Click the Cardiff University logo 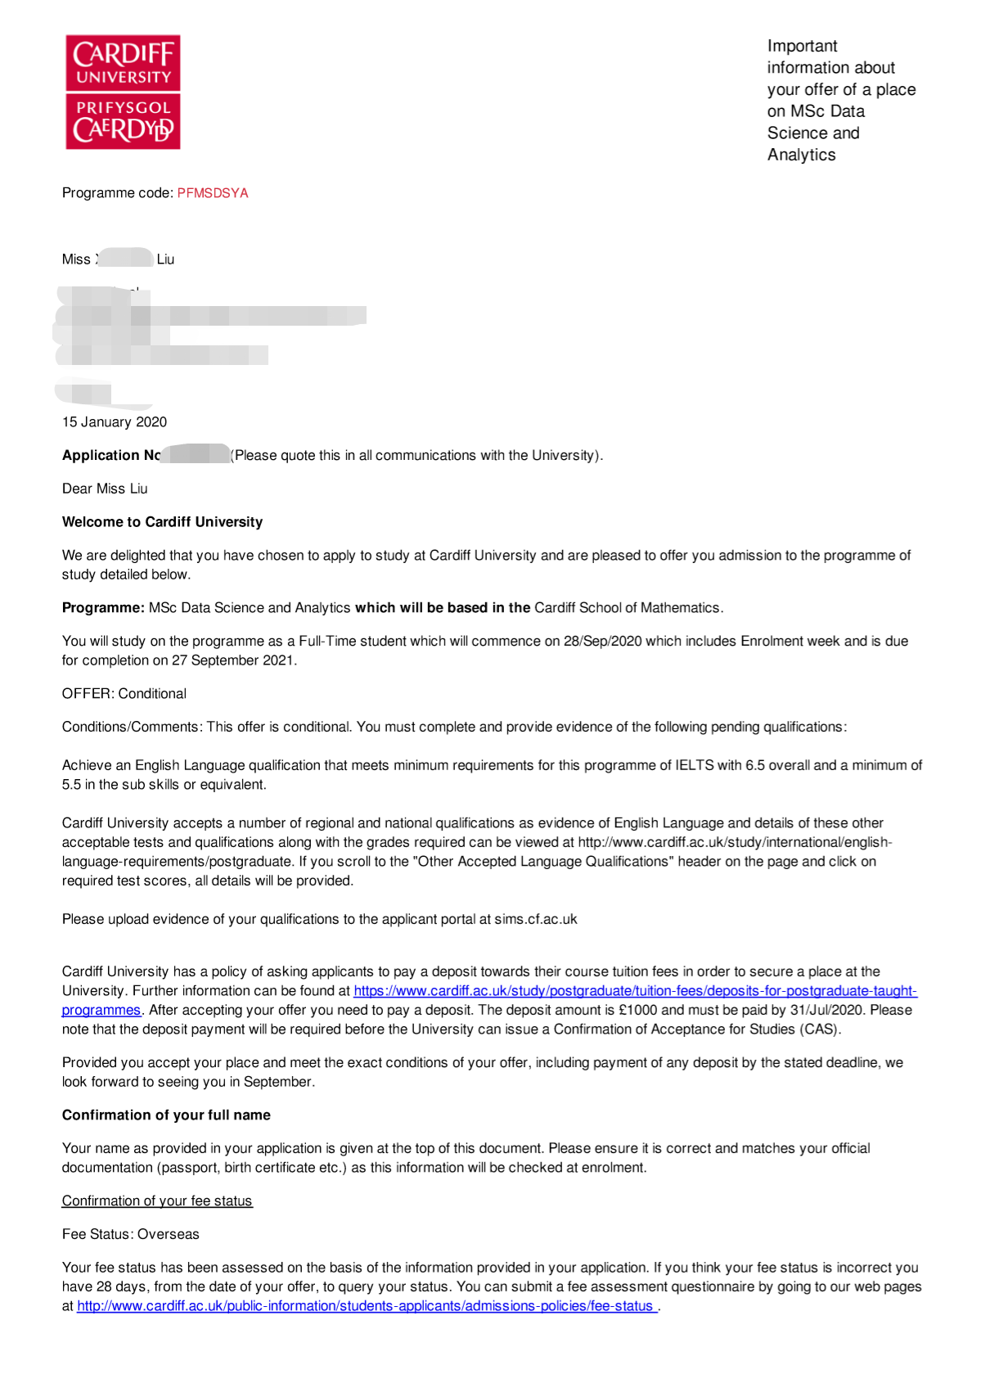point(123,92)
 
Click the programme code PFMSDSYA point(213,193)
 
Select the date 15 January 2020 point(115,422)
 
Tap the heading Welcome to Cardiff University point(162,522)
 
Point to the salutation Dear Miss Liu point(105,489)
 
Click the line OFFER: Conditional point(124,694)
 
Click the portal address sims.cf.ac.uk point(535,919)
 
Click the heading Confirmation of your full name point(166,1115)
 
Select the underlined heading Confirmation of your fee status point(157,1201)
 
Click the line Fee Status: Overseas point(131,1234)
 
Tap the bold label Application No point(111,455)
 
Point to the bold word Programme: point(103,608)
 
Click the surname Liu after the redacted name point(165,259)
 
